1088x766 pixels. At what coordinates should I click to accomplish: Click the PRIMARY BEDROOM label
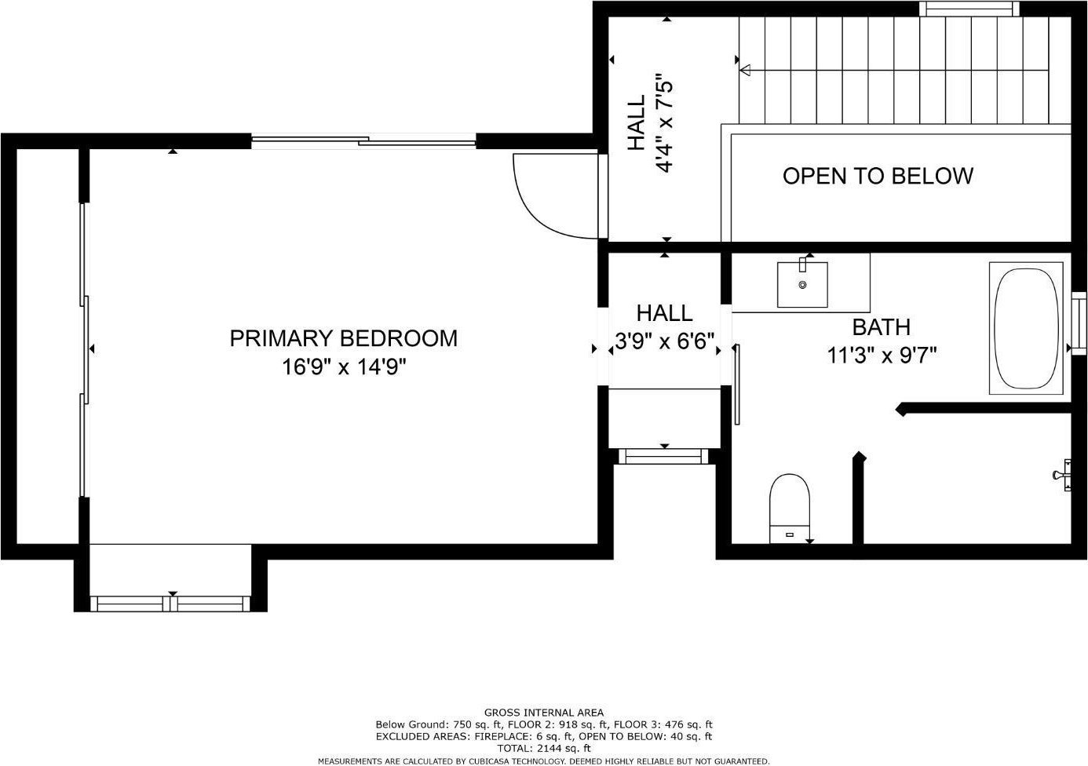coord(343,338)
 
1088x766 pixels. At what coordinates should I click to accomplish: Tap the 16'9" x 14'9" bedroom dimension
coord(343,367)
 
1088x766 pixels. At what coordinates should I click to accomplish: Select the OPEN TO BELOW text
coord(878,176)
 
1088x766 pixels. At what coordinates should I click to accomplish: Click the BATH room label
coord(881,327)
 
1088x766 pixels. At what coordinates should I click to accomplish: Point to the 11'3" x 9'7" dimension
coord(882,355)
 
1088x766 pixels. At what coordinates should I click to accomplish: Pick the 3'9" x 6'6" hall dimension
coord(664,341)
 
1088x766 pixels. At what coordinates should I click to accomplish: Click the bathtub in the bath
coord(1026,328)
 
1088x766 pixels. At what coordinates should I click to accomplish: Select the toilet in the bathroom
coord(790,509)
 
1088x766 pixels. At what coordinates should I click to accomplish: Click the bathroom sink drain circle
coord(802,285)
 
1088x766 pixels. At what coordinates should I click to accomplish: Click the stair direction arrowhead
coord(745,70)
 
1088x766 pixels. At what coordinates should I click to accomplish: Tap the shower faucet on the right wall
coord(1062,475)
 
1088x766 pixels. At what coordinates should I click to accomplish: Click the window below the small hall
coord(663,457)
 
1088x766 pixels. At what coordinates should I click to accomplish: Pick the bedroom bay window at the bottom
coord(170,604)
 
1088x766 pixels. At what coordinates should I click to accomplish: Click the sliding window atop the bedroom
coord(363,141)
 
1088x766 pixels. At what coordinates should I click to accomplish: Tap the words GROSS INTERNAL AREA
coord(544,713)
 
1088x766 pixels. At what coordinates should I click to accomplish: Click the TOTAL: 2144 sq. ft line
coord(544,748)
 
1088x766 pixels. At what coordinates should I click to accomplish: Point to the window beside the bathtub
coord(1079,324)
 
